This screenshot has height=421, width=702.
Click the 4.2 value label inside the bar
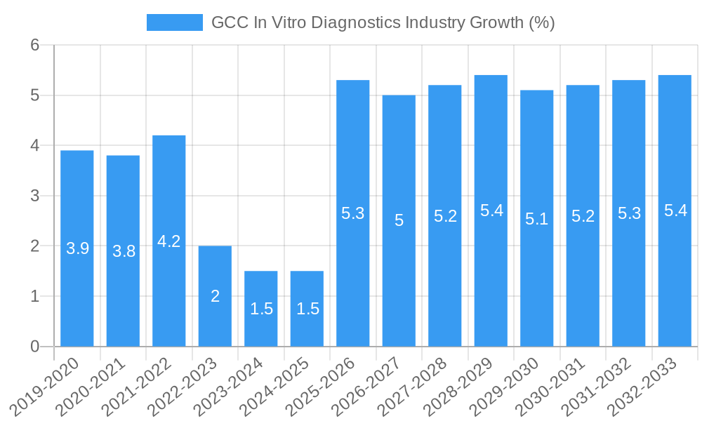click(x=169, y=241)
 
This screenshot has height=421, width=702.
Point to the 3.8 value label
click(x=124, y=251)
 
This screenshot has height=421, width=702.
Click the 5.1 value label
click(x=537, y=219)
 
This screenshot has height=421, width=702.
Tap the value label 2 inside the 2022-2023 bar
click(x=216, y=296)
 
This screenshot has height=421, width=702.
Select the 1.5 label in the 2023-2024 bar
click(x=261, y=309)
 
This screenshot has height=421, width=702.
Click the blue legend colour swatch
click(x=174, y=22)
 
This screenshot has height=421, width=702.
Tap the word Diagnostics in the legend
click(x=356, y=22)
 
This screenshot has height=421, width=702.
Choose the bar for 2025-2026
click(x=353, y=281)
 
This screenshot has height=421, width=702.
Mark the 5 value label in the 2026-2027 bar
click(x=399, y=220)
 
